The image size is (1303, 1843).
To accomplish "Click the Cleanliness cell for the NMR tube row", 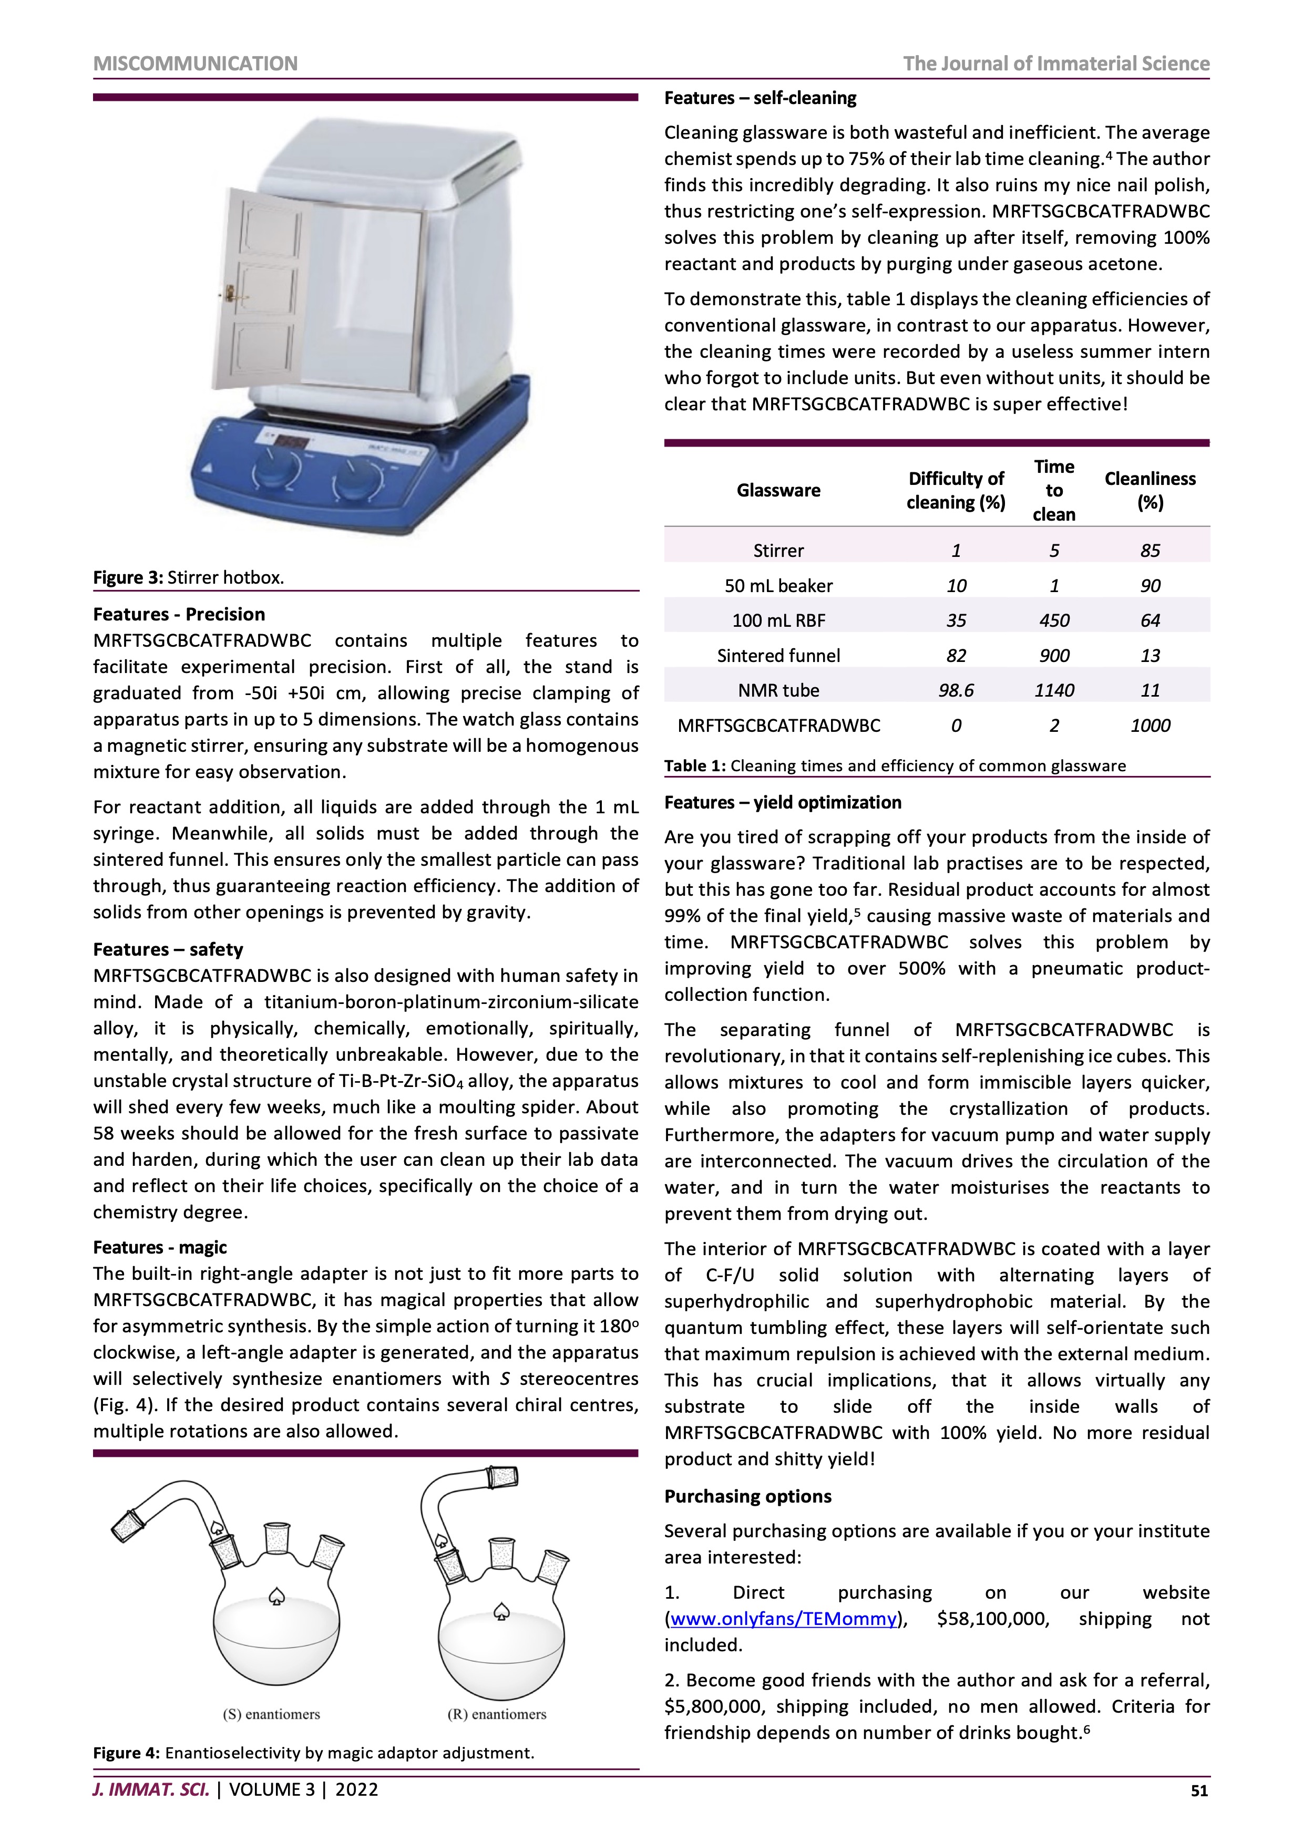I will [1150, 690].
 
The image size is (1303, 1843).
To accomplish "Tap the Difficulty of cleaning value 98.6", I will [956, 690].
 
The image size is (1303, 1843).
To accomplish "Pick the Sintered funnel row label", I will [778, 656].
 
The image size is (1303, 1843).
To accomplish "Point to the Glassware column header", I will [778, 491].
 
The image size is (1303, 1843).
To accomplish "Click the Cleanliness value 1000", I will [1150, 726].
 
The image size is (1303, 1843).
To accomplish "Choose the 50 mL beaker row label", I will [778, 586].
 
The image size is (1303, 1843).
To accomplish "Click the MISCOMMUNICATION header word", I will [195, 64].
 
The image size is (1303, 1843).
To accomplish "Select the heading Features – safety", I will [168, 949].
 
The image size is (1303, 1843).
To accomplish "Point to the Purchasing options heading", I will [747, 1496].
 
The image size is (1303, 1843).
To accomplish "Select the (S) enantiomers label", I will [271, 1715].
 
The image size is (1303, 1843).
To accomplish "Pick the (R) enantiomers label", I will [496, 1715].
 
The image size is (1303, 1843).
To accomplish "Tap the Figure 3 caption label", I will [128, 578].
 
